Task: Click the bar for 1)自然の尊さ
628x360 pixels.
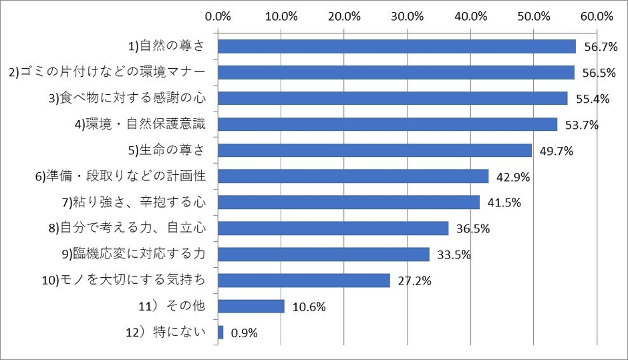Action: pyautogui.click(x=396, y=46)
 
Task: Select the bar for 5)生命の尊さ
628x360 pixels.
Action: pyautogui.click(x=375, y=150)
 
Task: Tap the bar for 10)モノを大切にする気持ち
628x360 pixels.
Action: pyautogui.click(x=304, y=281)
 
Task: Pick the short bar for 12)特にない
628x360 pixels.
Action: pyautogui.click(x=220, y=332)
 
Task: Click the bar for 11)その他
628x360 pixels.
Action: pyautogui.click(x=251, y=306)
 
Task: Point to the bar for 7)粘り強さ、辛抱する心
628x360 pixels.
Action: pyautogui.click(x=349, y=202)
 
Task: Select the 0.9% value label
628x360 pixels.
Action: pyautogui.click(x=244, y=333)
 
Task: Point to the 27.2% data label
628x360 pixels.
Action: pyautogui.click(x=410, y=281)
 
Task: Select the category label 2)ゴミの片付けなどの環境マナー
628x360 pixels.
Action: pyautogui.click(x=112, y=72)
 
